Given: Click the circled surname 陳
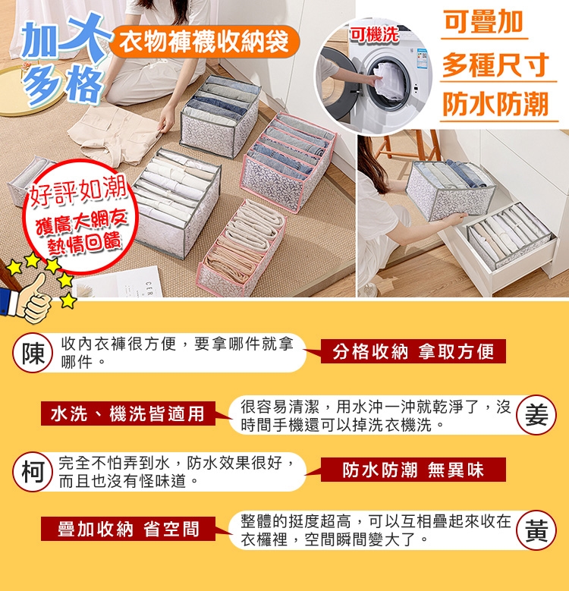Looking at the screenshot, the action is (x=33, y=354).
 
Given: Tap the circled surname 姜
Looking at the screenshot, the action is (x=536, y=415).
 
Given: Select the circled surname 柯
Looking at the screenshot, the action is (x=33, y=472).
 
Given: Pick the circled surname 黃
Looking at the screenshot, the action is (x=536, y=530).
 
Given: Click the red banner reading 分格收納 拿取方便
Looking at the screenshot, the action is (x=413, y=351).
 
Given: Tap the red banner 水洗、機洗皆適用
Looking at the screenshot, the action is (x=128, y=413).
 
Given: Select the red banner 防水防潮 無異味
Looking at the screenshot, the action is (x=413, y=470).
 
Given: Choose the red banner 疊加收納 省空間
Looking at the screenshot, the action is (x=128, y=529).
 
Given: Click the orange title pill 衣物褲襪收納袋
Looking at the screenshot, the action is (x=204, y=42).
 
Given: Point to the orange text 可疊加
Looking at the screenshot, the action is (x=483, y=22).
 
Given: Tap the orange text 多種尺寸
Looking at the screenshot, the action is (x=495, y=64).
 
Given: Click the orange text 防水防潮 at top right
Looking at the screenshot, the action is (x=495, y=104).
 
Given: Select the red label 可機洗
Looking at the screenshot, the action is (x=374, y=35).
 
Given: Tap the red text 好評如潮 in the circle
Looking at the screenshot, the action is (x=78, y=191).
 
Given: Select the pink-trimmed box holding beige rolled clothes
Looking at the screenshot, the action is (x=241, y=248).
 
